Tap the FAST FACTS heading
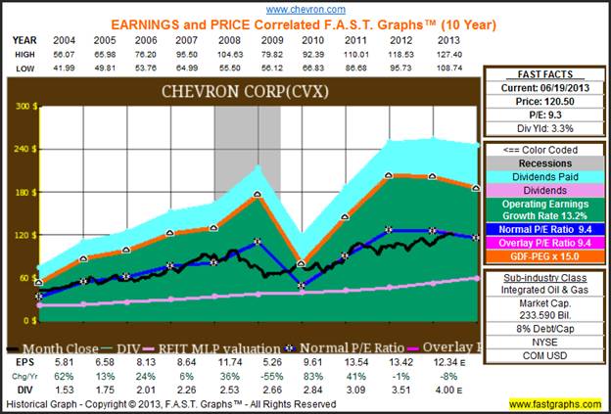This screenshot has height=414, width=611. click(543, 74)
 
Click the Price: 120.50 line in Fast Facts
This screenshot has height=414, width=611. click(543, 101)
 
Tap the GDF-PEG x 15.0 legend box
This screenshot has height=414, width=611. click(543, 258)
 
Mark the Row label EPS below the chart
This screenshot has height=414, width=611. click(22, 361)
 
